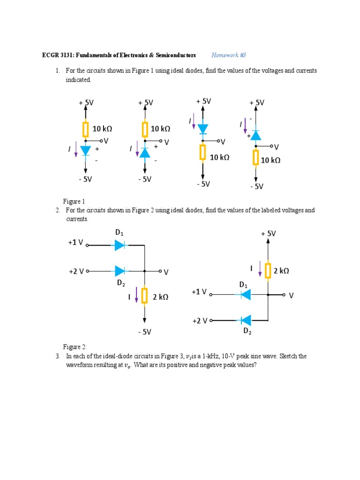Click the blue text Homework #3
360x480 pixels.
(229, 55)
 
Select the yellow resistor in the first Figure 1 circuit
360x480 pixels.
(85, 129)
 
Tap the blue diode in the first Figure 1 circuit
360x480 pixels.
(85, 150)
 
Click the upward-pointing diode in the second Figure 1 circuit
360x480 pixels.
(145, 152)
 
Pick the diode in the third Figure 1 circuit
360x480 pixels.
(202, 128)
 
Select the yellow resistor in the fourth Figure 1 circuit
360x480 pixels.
(255, 157)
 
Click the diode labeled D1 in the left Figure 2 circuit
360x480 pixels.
(120, 245)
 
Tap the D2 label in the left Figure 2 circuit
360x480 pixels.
(121, 283)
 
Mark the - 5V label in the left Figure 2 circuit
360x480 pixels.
(144, 332)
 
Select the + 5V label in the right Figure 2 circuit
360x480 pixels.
(268, 233)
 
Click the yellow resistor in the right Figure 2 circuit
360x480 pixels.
(268, 270)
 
